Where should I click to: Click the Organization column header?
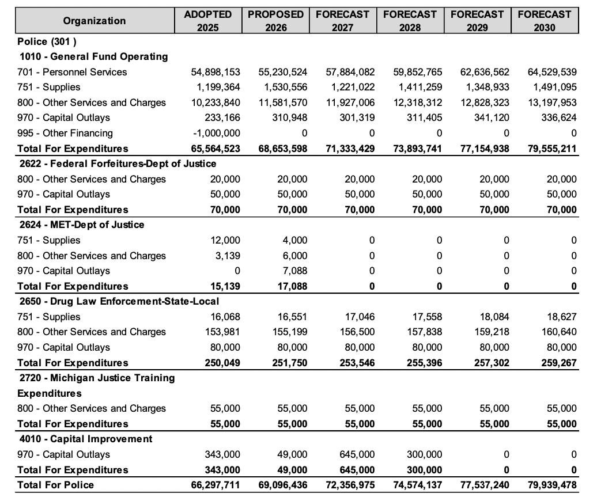pos(94,21)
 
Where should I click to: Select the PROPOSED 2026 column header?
pos(276,21)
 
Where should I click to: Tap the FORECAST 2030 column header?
pos(544,21)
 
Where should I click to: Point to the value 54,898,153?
pos(216,72)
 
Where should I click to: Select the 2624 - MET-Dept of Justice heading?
pos(82,225)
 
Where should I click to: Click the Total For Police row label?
pos(55,485)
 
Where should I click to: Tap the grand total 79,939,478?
pos(552,485)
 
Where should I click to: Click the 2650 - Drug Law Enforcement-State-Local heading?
pos(119,301)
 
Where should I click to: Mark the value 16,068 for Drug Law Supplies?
pos(225,317)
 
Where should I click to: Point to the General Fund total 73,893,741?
pos(418,149)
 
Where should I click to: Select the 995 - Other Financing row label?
pos(65,133)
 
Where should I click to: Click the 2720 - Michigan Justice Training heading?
pos(97,378)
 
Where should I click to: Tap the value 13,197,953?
pos(552,103)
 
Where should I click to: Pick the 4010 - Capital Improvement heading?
pos(86,439)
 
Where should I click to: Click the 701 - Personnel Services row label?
pos(72,72)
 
